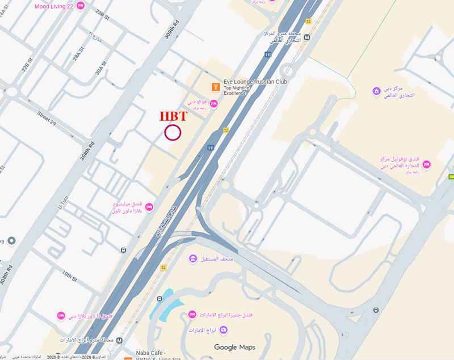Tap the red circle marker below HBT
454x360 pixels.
click(x=173, y=133)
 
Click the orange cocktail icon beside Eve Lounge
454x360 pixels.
click(x=215, y=87)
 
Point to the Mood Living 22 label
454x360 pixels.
click(x=54, y=6)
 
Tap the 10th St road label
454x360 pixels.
click(x=69, y=276)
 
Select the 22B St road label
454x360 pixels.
click(x=26, y=66)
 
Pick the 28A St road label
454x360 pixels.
click(x=77, y=58)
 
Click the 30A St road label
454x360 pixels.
click(x=101, y=67)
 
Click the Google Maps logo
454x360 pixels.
click(x=234, y=347)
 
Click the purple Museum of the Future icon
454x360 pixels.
click(x=193, y=259)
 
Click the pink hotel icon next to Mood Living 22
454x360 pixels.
click(x=80, y=6)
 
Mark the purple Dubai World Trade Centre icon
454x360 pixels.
click(x=376, y=91)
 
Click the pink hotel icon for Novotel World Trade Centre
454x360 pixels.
click(x=426, y=164)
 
